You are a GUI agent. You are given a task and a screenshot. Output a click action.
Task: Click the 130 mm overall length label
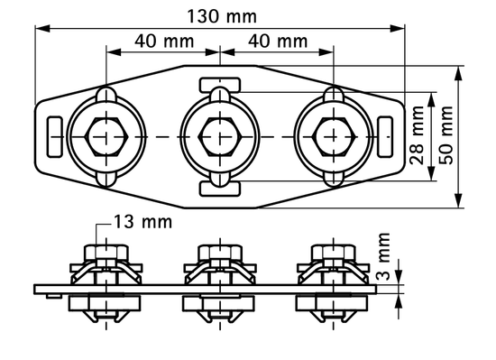[x=222, y=15]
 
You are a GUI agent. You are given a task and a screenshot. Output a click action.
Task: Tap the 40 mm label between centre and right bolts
[x=277, y=41]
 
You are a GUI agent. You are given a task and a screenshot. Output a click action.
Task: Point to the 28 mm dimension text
[x=417, y=135]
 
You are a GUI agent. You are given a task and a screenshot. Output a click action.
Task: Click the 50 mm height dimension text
[x=445, y=135]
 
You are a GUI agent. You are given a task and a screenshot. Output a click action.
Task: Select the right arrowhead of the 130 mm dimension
[x=403, y=26]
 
